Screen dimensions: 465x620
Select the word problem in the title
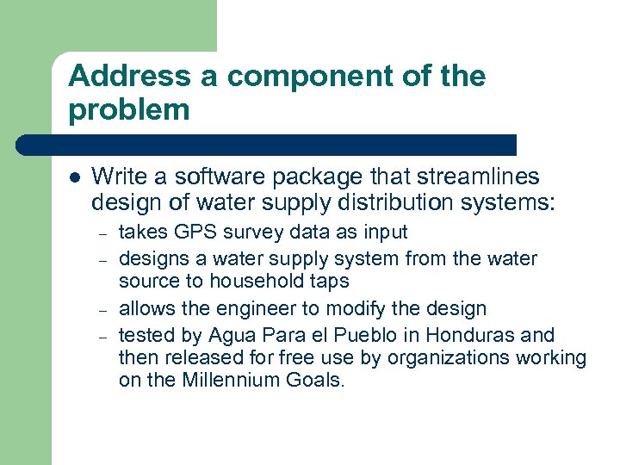coord(129,109)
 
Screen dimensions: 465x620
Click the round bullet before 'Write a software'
coord(75,178)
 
